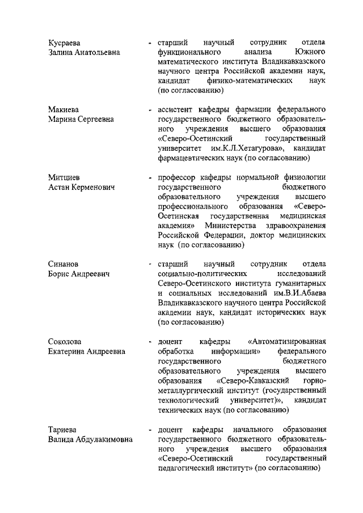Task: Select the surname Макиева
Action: coord(63,109)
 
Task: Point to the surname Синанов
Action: coord(64,264)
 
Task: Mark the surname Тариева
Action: coord(62,429)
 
